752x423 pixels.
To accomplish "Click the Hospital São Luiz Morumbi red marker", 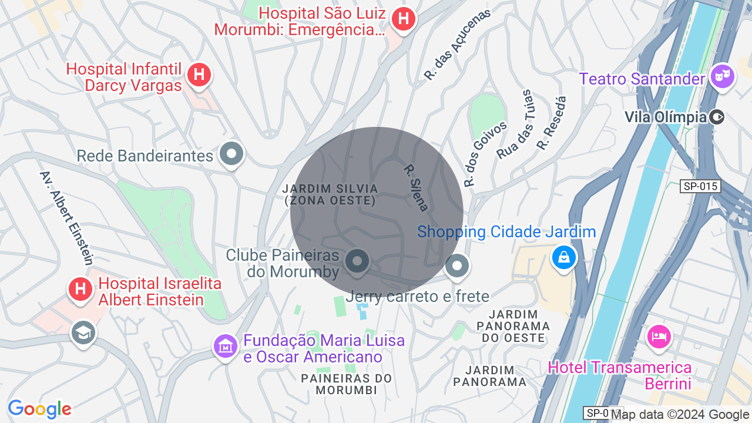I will coord(403,19).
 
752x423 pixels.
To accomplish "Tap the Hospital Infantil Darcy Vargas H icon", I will coord(199,75).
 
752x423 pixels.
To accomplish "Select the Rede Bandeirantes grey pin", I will coord(231,155).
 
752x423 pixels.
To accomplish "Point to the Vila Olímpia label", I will coord(665,117).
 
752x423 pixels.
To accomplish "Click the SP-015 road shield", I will coord(701,186).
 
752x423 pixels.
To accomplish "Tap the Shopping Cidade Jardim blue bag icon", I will coord(563,257).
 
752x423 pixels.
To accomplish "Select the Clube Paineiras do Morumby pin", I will coord(357,261).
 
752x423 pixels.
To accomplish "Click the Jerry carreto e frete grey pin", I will coord(456,266).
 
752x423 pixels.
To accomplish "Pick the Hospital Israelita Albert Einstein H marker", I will coord(80,288).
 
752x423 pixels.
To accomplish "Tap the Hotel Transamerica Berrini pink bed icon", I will coord(658,337).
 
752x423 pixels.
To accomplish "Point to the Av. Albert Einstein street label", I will coord(66,217).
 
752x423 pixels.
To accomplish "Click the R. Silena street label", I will coord(416,187).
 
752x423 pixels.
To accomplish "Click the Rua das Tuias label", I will coord(514,125).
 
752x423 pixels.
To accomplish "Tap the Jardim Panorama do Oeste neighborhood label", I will coord(513,326).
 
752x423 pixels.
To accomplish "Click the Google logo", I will coord(39,409).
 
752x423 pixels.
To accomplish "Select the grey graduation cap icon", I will coord(83,333).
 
